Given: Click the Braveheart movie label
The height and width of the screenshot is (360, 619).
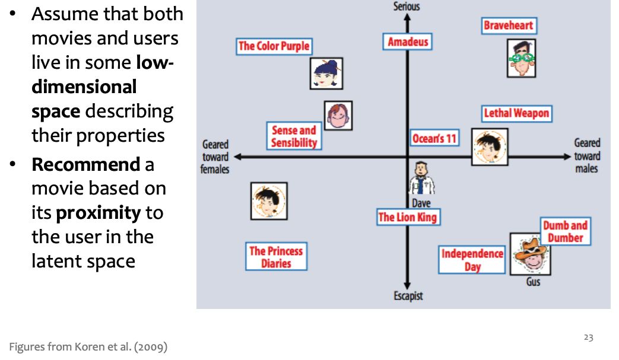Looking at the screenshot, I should pos(508,26).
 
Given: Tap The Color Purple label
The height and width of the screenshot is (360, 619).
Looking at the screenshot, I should pos(274,46).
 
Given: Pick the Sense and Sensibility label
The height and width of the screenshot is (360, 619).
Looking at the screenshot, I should pos(294,136).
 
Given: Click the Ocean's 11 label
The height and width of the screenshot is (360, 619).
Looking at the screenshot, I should pos(434,138).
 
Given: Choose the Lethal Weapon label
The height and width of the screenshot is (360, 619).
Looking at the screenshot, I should pos(516,113).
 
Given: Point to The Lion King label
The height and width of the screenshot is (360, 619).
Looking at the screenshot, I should pos(407,217).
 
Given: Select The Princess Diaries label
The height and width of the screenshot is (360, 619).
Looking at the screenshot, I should pos(276,257).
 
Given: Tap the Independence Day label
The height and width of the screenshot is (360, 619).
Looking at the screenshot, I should pos(472,260).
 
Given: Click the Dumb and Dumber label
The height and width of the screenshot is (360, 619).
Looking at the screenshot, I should pos(565,231).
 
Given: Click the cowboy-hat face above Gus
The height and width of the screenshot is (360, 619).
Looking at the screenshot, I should pos(530,254).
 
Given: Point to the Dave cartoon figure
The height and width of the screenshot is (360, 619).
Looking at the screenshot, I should pos(421,179).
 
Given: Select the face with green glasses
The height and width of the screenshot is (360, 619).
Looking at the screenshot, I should pos(521,58).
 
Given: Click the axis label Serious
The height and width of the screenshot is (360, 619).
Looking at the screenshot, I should pos(407,6).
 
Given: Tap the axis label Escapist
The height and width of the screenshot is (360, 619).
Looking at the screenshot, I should pos(408,296).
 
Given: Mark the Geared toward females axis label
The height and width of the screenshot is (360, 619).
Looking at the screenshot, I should pos(215,157).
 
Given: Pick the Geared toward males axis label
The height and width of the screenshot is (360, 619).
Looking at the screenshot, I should pos(586,155).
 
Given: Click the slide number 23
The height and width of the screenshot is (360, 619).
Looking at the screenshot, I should pos(588,337).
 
